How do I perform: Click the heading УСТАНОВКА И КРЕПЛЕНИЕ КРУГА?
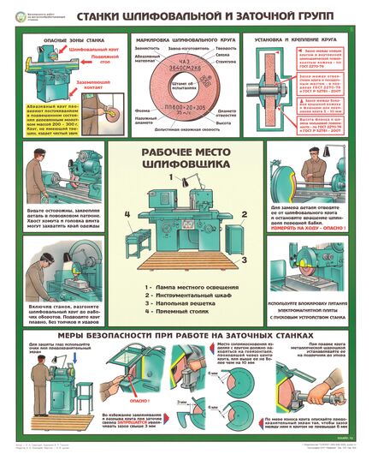(301, 39)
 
